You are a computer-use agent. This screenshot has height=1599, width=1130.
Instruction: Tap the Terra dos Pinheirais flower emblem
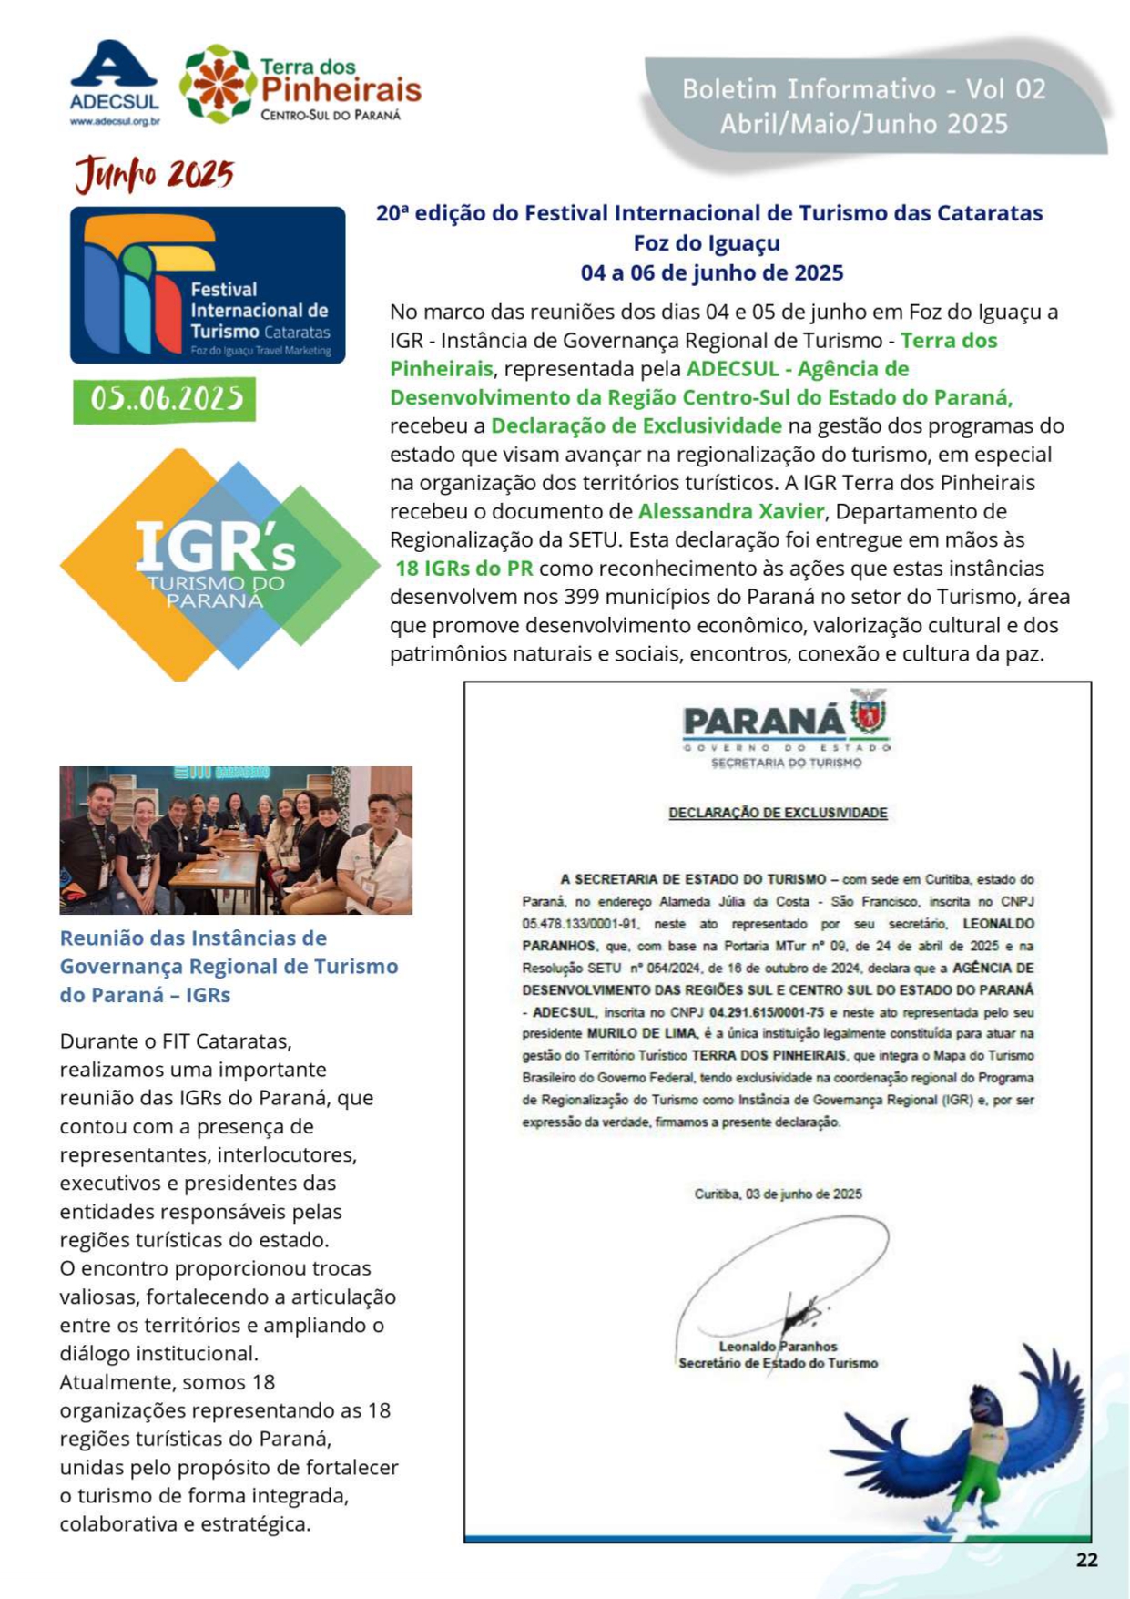click(x=217, y=84)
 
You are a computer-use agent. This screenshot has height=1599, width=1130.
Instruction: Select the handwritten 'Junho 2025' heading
click(x=154, y=174)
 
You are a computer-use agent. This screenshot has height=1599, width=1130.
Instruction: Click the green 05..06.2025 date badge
click(x=165, y=399)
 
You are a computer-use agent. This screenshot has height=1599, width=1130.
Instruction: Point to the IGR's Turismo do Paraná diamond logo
click(x=219, y=564)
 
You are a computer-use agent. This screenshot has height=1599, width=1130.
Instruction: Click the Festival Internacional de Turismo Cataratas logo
click(x=208, y=285)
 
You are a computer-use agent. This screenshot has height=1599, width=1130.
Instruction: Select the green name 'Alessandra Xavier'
click(x=730, y=511)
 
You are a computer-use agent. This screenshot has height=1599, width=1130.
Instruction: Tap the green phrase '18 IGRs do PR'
click(x=464, y=569)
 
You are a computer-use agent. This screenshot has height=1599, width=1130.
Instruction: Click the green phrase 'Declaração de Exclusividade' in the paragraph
click(x=636, y=425)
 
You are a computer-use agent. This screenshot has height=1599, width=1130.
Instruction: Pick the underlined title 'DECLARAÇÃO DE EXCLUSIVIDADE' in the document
click(x=778, y=813)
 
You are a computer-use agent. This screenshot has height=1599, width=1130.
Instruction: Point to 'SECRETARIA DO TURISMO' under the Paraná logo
click(x=786, y=763)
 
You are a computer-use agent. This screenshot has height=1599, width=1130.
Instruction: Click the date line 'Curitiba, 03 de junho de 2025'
click(x=778, y=1194)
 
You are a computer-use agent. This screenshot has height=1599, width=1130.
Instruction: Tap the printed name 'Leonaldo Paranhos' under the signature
click(x=778, y=1346)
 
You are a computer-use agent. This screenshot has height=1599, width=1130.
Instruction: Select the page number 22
click(x=1086, y=1560)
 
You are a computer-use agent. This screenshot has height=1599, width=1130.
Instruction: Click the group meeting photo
click(x=236, y=840)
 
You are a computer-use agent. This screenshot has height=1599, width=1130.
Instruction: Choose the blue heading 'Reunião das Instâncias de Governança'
click(x=229, y=952)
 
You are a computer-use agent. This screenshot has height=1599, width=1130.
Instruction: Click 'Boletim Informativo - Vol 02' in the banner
click(x=863, y=89)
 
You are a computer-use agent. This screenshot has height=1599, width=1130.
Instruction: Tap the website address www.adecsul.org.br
click(x=115, y=121)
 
